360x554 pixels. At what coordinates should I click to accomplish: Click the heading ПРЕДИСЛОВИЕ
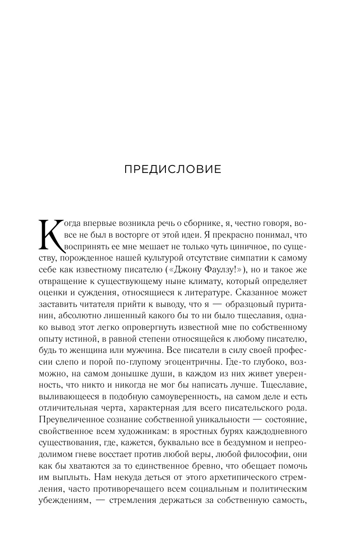173,169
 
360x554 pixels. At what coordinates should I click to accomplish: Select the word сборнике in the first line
200,223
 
